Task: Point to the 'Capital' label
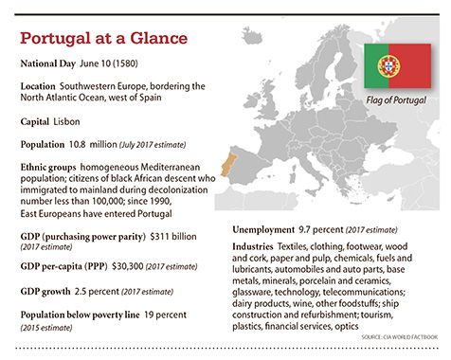(x=40, y=121)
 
